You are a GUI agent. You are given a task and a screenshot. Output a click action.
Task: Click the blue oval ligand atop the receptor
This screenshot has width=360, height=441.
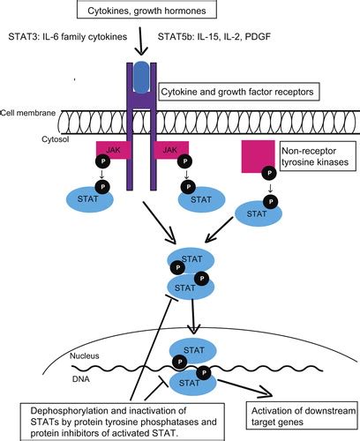[143, 77]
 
